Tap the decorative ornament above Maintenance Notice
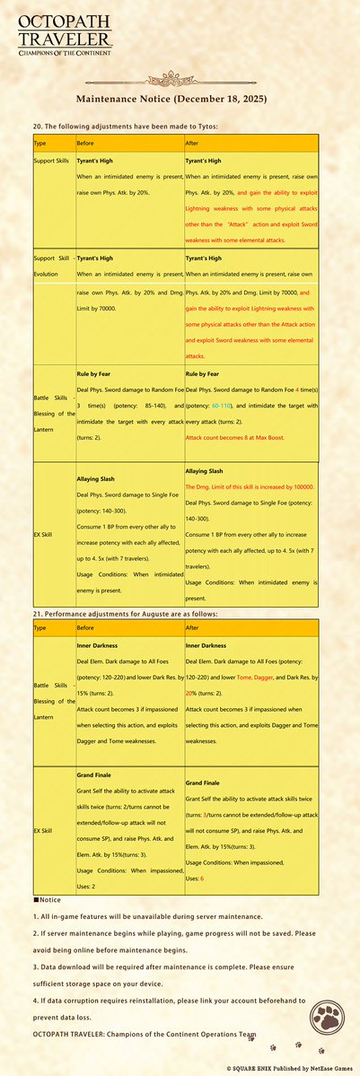(x=180, y=78)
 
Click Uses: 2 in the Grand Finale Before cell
(x=93, y=862)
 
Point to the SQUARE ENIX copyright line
(x=291, y=1068)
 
